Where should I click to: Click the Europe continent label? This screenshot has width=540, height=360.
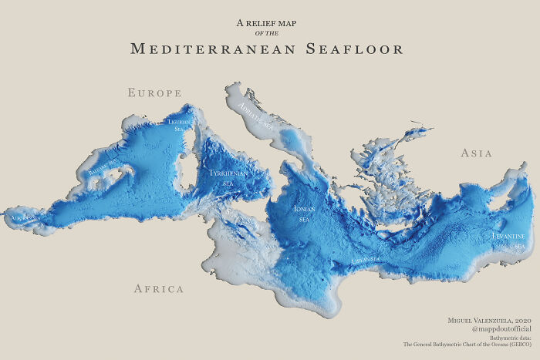pos(154,93)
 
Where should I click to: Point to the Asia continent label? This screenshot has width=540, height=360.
pos(476,153)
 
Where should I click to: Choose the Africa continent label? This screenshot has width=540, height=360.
pos(159,289)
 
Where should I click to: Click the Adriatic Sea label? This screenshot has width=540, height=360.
pos(256,113)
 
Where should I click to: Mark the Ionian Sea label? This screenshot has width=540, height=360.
pos(304,214)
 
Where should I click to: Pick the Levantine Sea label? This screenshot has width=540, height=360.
pos(509,240)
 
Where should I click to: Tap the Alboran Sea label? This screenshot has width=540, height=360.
pos(23,219)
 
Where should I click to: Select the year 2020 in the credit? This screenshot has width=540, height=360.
pos(521,320)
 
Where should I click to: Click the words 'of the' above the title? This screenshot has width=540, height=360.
pos(266,33)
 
